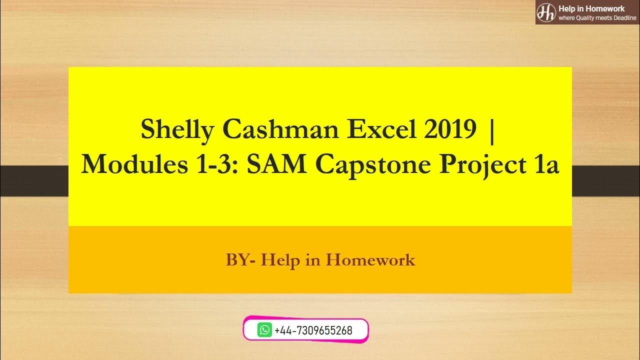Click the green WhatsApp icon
[x=264, y=330]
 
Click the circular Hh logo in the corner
[x=546, y=12]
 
